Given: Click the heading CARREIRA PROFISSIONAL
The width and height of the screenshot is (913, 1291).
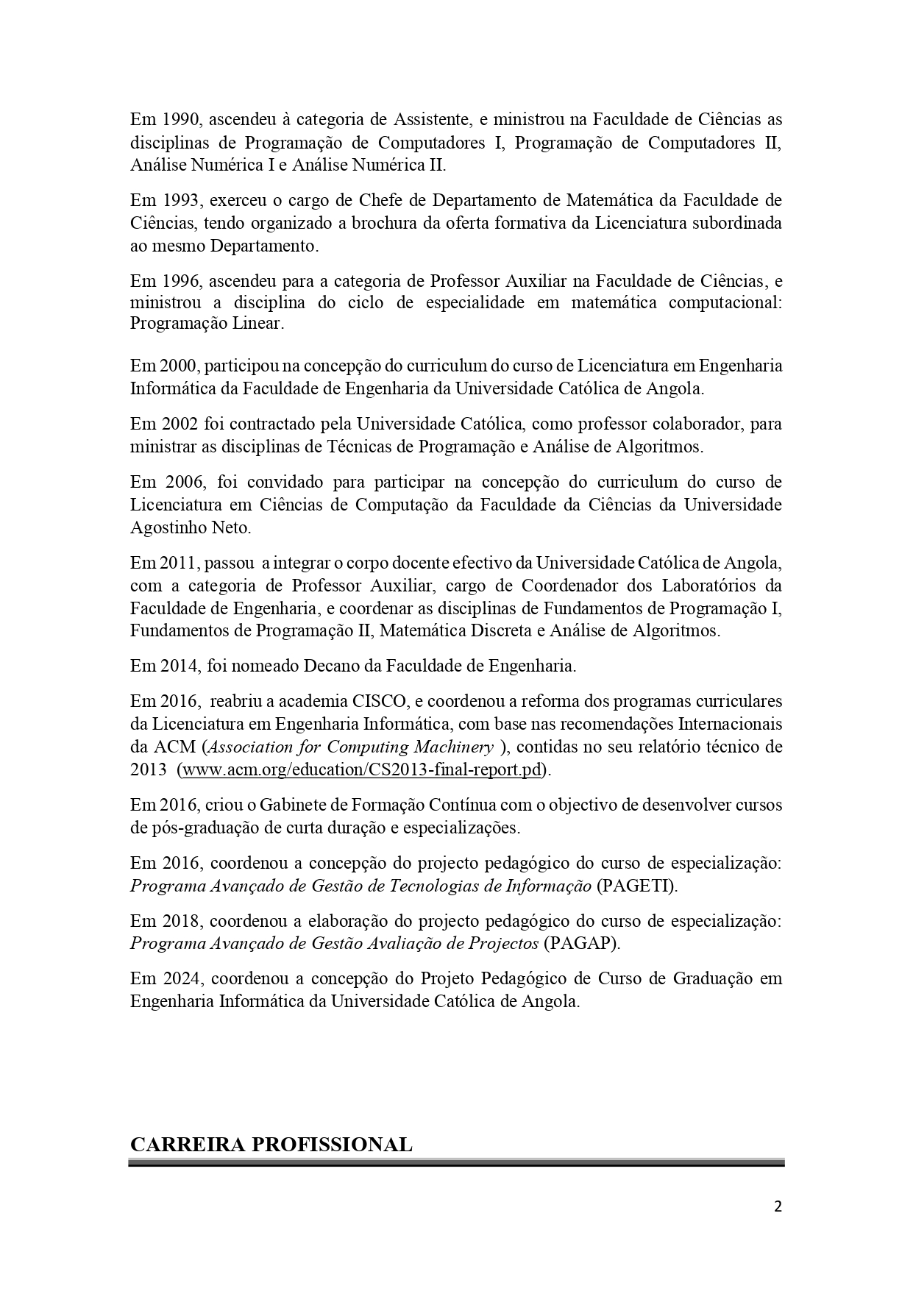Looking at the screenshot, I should click(x=271, y=1145).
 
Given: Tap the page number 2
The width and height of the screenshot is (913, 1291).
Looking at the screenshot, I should click(x=778, y=1206).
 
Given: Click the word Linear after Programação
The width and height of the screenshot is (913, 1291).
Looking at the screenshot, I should click(x=257, y=324).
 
